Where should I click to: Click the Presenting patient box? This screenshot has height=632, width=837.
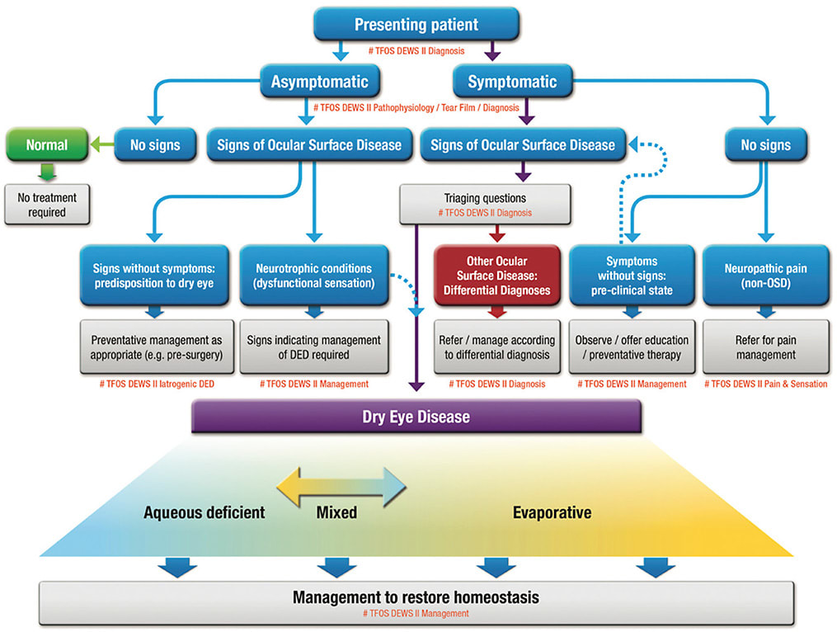416,25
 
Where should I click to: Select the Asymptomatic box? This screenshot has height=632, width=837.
325,82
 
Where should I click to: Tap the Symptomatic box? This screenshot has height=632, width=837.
512,82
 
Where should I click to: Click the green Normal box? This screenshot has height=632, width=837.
47,145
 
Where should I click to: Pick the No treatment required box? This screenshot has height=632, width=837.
47,204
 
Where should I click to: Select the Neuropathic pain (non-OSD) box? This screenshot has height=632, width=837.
765,276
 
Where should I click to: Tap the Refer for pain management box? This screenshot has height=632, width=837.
765,347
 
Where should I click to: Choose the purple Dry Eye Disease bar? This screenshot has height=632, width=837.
416,417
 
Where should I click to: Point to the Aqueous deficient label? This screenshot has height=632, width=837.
205,512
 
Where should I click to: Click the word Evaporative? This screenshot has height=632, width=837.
552,512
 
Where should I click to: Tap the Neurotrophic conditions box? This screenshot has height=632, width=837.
313,276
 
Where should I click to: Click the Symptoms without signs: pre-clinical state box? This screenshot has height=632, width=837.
631,276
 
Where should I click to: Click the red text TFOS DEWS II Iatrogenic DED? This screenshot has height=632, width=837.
155,384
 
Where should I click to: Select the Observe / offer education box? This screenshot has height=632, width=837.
631,347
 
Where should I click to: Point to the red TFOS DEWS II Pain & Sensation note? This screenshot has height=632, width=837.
766,384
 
